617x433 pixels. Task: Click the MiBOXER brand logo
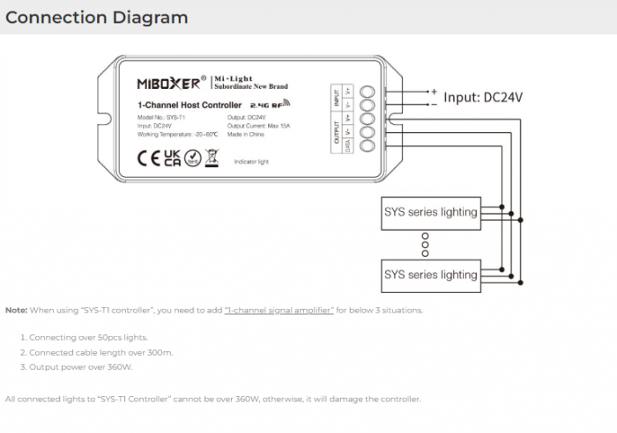(x=171, y=83)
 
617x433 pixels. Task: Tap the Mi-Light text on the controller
(x=240, y=77)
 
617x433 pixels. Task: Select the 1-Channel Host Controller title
(x=190, y=106)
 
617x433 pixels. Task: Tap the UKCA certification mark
(x=172, y=158)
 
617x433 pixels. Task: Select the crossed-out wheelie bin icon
(x=212, y=158)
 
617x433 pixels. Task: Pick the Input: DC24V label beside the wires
(x=483, y=98)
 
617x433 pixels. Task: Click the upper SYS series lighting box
(x=430, y=212)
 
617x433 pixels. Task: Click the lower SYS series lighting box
(x=430, y=275)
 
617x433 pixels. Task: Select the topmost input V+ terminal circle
(x=368, y=91)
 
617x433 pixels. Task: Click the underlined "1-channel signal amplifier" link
(x=279, y=311)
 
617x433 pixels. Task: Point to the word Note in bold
(x=16, y=311)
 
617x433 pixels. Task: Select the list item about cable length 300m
(x=100, y=353)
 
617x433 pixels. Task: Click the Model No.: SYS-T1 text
(x=161, y=117)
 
